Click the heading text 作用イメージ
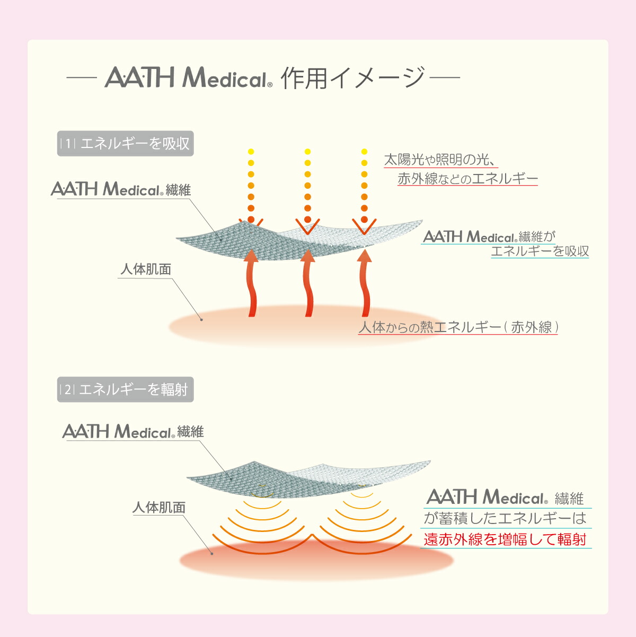coord(352,78)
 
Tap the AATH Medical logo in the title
coord(188,77)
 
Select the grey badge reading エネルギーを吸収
coord(125,143)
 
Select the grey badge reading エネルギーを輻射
coord(125,389)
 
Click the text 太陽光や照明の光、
coord(440,160)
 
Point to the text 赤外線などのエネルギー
coord(467,179)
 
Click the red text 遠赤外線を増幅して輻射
coord(505,539)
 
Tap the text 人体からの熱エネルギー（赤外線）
coord(458,327)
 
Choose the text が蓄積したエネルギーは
coord(505,518)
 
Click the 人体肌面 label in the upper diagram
coord(146,269)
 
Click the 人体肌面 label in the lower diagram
coord(159,508)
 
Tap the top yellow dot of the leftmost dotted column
coord(251,152)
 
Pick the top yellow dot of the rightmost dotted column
coord(365,152)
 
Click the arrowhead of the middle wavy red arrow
coord(308,256)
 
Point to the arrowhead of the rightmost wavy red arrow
coord(365,256)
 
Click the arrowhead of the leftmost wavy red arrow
coord(251,256)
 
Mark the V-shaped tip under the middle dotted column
coord(308,234)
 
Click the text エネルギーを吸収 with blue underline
coord(540,251)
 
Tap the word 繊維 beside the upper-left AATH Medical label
coord(178,190)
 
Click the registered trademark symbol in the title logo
coord(270,85)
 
